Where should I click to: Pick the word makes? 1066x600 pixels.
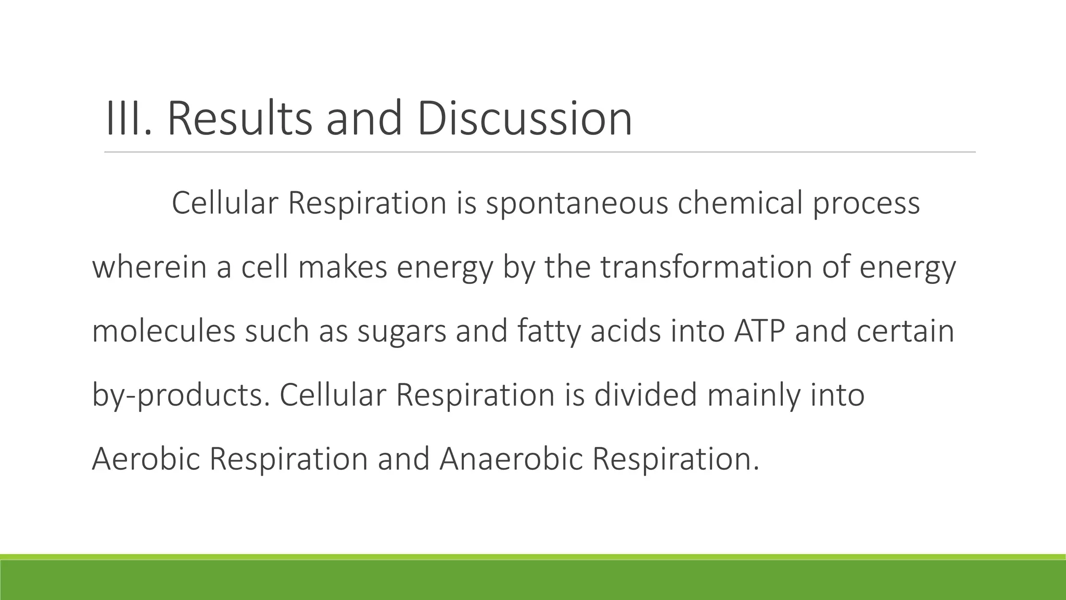pyautogui.click(x=342, y=267)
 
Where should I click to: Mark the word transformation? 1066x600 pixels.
pyautogui.click(x=706, y=267)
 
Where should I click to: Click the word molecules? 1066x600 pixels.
pyautogui.click(x=163, y=331)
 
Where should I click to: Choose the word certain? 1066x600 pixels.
pyautogui.click(x=905, y=331)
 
